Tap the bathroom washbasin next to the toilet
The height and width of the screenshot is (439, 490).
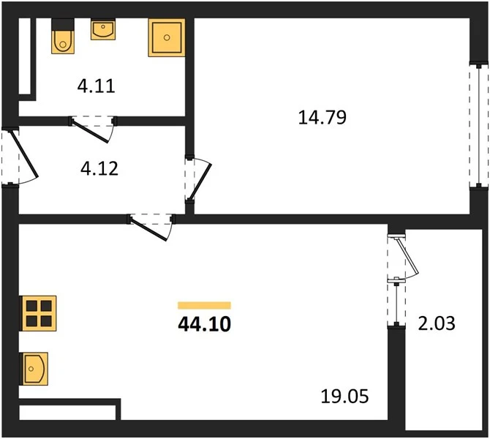pyautogui.click(x=103, y=29)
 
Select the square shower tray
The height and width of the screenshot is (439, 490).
pyautogui.click(x=167, y=37)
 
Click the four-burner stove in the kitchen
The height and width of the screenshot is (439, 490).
pyautogui.click(x=38, y=313)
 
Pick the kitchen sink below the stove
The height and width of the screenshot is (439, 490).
pyautogui.click(x=34, y=369)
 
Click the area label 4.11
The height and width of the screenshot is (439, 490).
pyautogui.click(x=97, y=86)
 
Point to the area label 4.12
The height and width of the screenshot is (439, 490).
pyautogui.click(x=99, y=168)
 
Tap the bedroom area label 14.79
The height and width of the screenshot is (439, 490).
pyautogui.click(x=323, y=117)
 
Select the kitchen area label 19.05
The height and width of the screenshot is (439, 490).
pyautogui.click(x=344, y=396)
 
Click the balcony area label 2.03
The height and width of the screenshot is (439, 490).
pyautogui.click(x=437, y=323)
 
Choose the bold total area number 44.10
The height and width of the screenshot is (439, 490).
pyautogui.click(x=204, y=323)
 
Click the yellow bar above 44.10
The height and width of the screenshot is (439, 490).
pyautogui.click(x=204, y=305)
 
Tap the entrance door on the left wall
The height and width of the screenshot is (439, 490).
pyautogui.click(x=23, y=154)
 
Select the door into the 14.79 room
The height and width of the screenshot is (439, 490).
pyautogui.click(x=200, y=181)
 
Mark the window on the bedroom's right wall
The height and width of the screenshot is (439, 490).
pyautogui.click(x=479, y=125)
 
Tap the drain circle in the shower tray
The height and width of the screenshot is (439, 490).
pyautogui.click(x=167, y=37)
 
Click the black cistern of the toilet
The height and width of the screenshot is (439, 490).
pyautogui.click(x=63, y=24)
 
